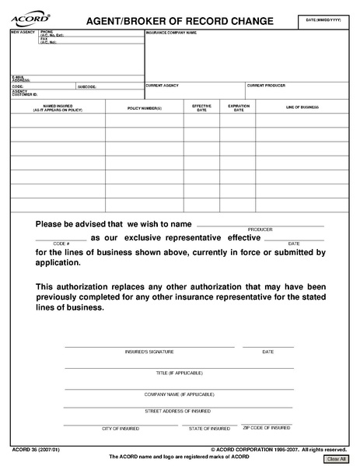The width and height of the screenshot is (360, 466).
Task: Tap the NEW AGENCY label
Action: click(x=19, y=33)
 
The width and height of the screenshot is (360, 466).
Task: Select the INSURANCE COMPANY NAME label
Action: click(x=171, y=33)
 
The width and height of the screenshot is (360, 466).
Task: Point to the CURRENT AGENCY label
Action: click(x=162, y=85)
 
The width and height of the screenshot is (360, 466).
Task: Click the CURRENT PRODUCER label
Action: click(x=266, y=85)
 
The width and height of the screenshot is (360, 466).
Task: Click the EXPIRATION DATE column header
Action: click(x=239, y=108)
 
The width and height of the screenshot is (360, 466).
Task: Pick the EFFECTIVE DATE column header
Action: click(x=201, y=108)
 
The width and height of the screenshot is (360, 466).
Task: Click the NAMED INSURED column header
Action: click(x=58, y=108)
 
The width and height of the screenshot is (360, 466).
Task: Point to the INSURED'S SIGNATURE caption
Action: click(x=149, y=352)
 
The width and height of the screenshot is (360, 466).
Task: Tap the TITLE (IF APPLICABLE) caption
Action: click(x=178, y=373)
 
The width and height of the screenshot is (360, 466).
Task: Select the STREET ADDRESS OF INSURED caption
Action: click(x=178, y=410)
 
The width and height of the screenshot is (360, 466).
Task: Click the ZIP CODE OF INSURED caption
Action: click(x=267, y=428)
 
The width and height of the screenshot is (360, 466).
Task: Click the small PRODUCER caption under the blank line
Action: click(x=260, y=229)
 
